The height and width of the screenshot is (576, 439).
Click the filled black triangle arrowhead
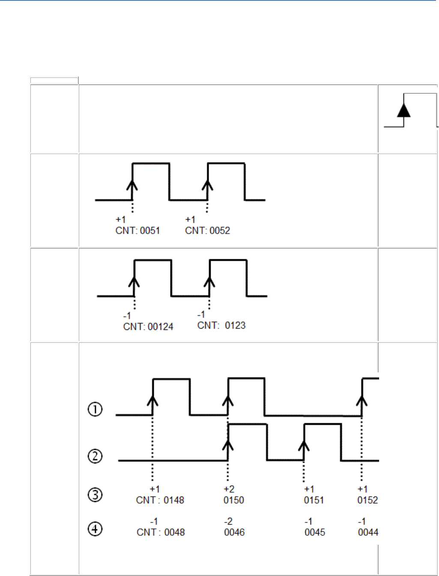coord(403,110)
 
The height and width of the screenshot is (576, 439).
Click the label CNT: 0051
coord(137,231)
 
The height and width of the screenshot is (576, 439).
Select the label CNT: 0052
coord(207,231)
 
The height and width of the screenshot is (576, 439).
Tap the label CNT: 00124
coord(148,327)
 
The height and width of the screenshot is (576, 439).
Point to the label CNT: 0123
coord(221,326)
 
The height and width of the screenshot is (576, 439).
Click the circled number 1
coord(95,410)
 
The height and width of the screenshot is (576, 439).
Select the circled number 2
coord(95,456)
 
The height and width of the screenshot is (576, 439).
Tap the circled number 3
coord(95,495)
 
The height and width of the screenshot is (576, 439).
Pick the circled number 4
coord(95,529)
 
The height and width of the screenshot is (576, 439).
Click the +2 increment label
coord(229,489)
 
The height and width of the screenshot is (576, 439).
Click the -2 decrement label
coord(228,521)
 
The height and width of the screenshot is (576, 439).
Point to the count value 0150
coord(234,500)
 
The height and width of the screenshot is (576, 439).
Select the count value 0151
coord(314,500)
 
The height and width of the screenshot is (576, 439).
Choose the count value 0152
coord(367,500)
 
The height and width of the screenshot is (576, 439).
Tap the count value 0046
coord(234,532)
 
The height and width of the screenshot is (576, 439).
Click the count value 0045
coord(315,532)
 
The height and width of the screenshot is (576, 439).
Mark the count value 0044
coord(368,532)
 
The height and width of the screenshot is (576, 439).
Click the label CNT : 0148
coord(160,500)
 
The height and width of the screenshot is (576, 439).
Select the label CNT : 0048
coord(161,532)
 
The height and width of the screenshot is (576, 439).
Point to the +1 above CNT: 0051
coord(121,220)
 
